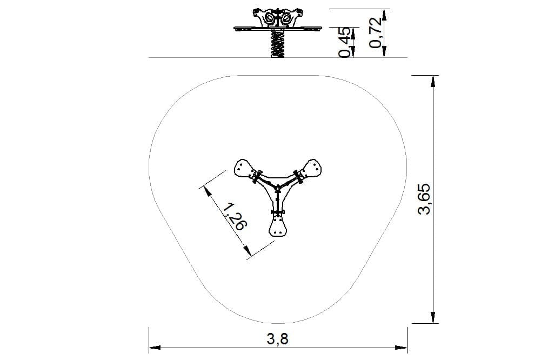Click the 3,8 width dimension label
coord(277,339)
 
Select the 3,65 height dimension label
coord(424,199)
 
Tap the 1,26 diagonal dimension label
coord(235,217)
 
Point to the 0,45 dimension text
coord(346,43)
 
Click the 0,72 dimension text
coord(376,32)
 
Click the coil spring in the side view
coord(278,44)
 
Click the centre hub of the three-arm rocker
coord(278,188)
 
